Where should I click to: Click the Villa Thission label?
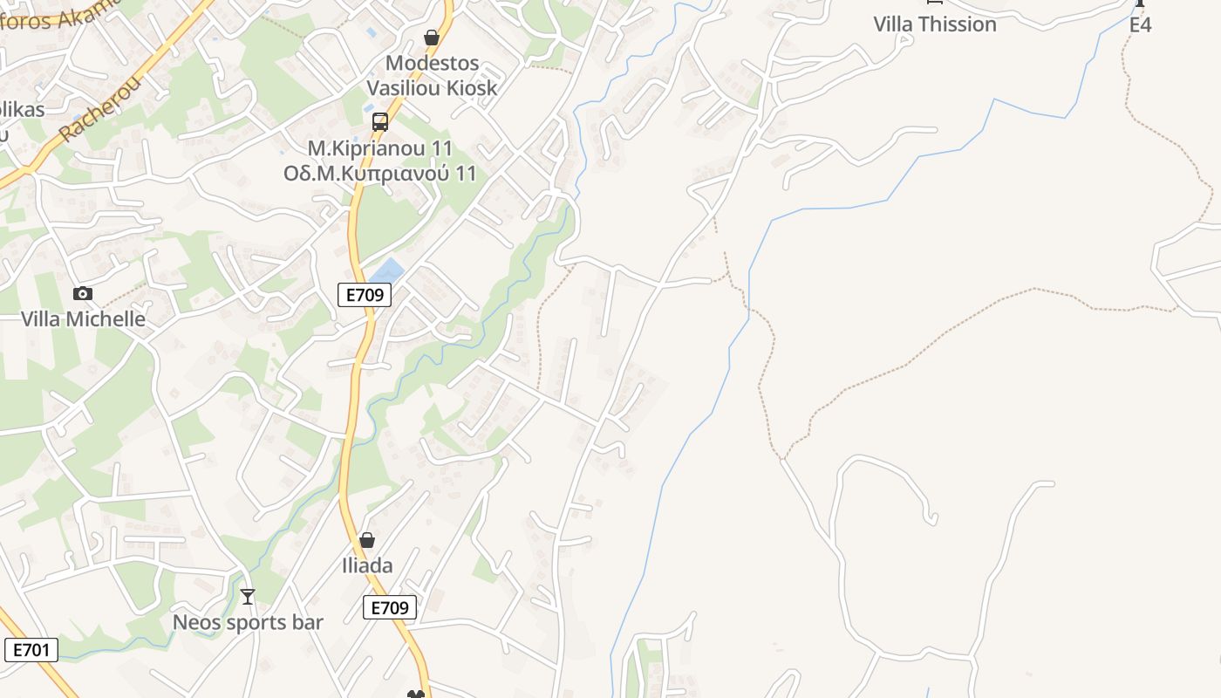pyautogui.click(x=935, y=24)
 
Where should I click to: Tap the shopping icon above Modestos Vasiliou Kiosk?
pyautogui.click(x=431, y=38)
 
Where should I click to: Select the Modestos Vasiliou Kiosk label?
pyautogui.click(x=432, y=75)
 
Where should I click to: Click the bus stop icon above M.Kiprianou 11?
pyautogui.click(x=380, y=122)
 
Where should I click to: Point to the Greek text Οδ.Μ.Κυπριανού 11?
pyautogui.click(x=380, y=173)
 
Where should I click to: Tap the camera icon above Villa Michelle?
pyautogui.click(x=83, y=293)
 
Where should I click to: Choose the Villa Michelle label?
pyautogui.click(x=83, y=318)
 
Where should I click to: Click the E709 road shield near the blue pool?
pyautogui.click(x=365, y=295)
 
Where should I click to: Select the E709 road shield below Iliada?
pyautogui.click(x=389, y=607)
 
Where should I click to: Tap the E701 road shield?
pyautogui.click(x=31, y=650)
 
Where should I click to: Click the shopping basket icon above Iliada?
pyautogui.click(x=367, y=541)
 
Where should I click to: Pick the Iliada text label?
pyautogui.click(x=367, y=565)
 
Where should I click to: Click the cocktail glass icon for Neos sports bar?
pyautogui.click(x=248, y=597)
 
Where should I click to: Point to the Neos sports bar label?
pyautogui.click(x=248, y=622)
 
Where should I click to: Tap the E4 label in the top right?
pyautogui.click(x=1140, y=24)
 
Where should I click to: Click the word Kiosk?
pyautogui.click(x=468, y=87)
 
